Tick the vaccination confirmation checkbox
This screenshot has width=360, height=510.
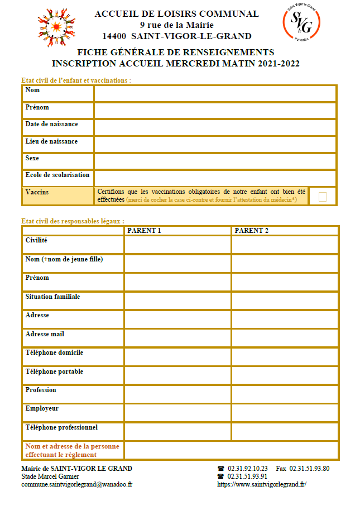pyautogui.click(x=322, y=196)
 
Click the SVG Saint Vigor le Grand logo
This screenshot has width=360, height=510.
pyautogui.click(x=302, y=22)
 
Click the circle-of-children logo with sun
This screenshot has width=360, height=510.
pyautogui.click(x=56, y=27)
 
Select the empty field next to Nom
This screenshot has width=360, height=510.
pyautogui.click(x=215, y=93)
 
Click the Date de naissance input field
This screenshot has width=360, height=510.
pyautogui.click(x=215, y=127)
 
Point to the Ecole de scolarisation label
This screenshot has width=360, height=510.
pyautogui.click(x=57, y=175)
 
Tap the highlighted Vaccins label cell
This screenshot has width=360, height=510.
pyautogui.click(x=59, y=196)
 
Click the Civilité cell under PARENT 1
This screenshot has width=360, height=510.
pyautogui.click(x=177, y=245)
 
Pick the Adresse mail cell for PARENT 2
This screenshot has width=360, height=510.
pyautogui.click(x=284, y=338)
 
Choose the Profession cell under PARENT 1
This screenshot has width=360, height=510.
pyautogui.click(x=177, y=394)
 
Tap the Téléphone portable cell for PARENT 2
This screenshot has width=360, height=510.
pyautogui.click(x=284, y=375)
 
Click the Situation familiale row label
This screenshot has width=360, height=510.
pyautogui.click(x=52, y=297)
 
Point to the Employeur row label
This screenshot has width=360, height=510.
pyautogui.click(x=42, y=408)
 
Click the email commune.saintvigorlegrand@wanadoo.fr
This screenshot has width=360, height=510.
pyautogui.click(x=76, y=484)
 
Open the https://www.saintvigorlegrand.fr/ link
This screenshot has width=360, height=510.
pyautogui.click(x=262, y=484)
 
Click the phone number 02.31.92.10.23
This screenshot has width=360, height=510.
pyautogui.click(x=248, y=469)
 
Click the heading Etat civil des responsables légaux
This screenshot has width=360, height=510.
pyautogui.click(x=73, y=221)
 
